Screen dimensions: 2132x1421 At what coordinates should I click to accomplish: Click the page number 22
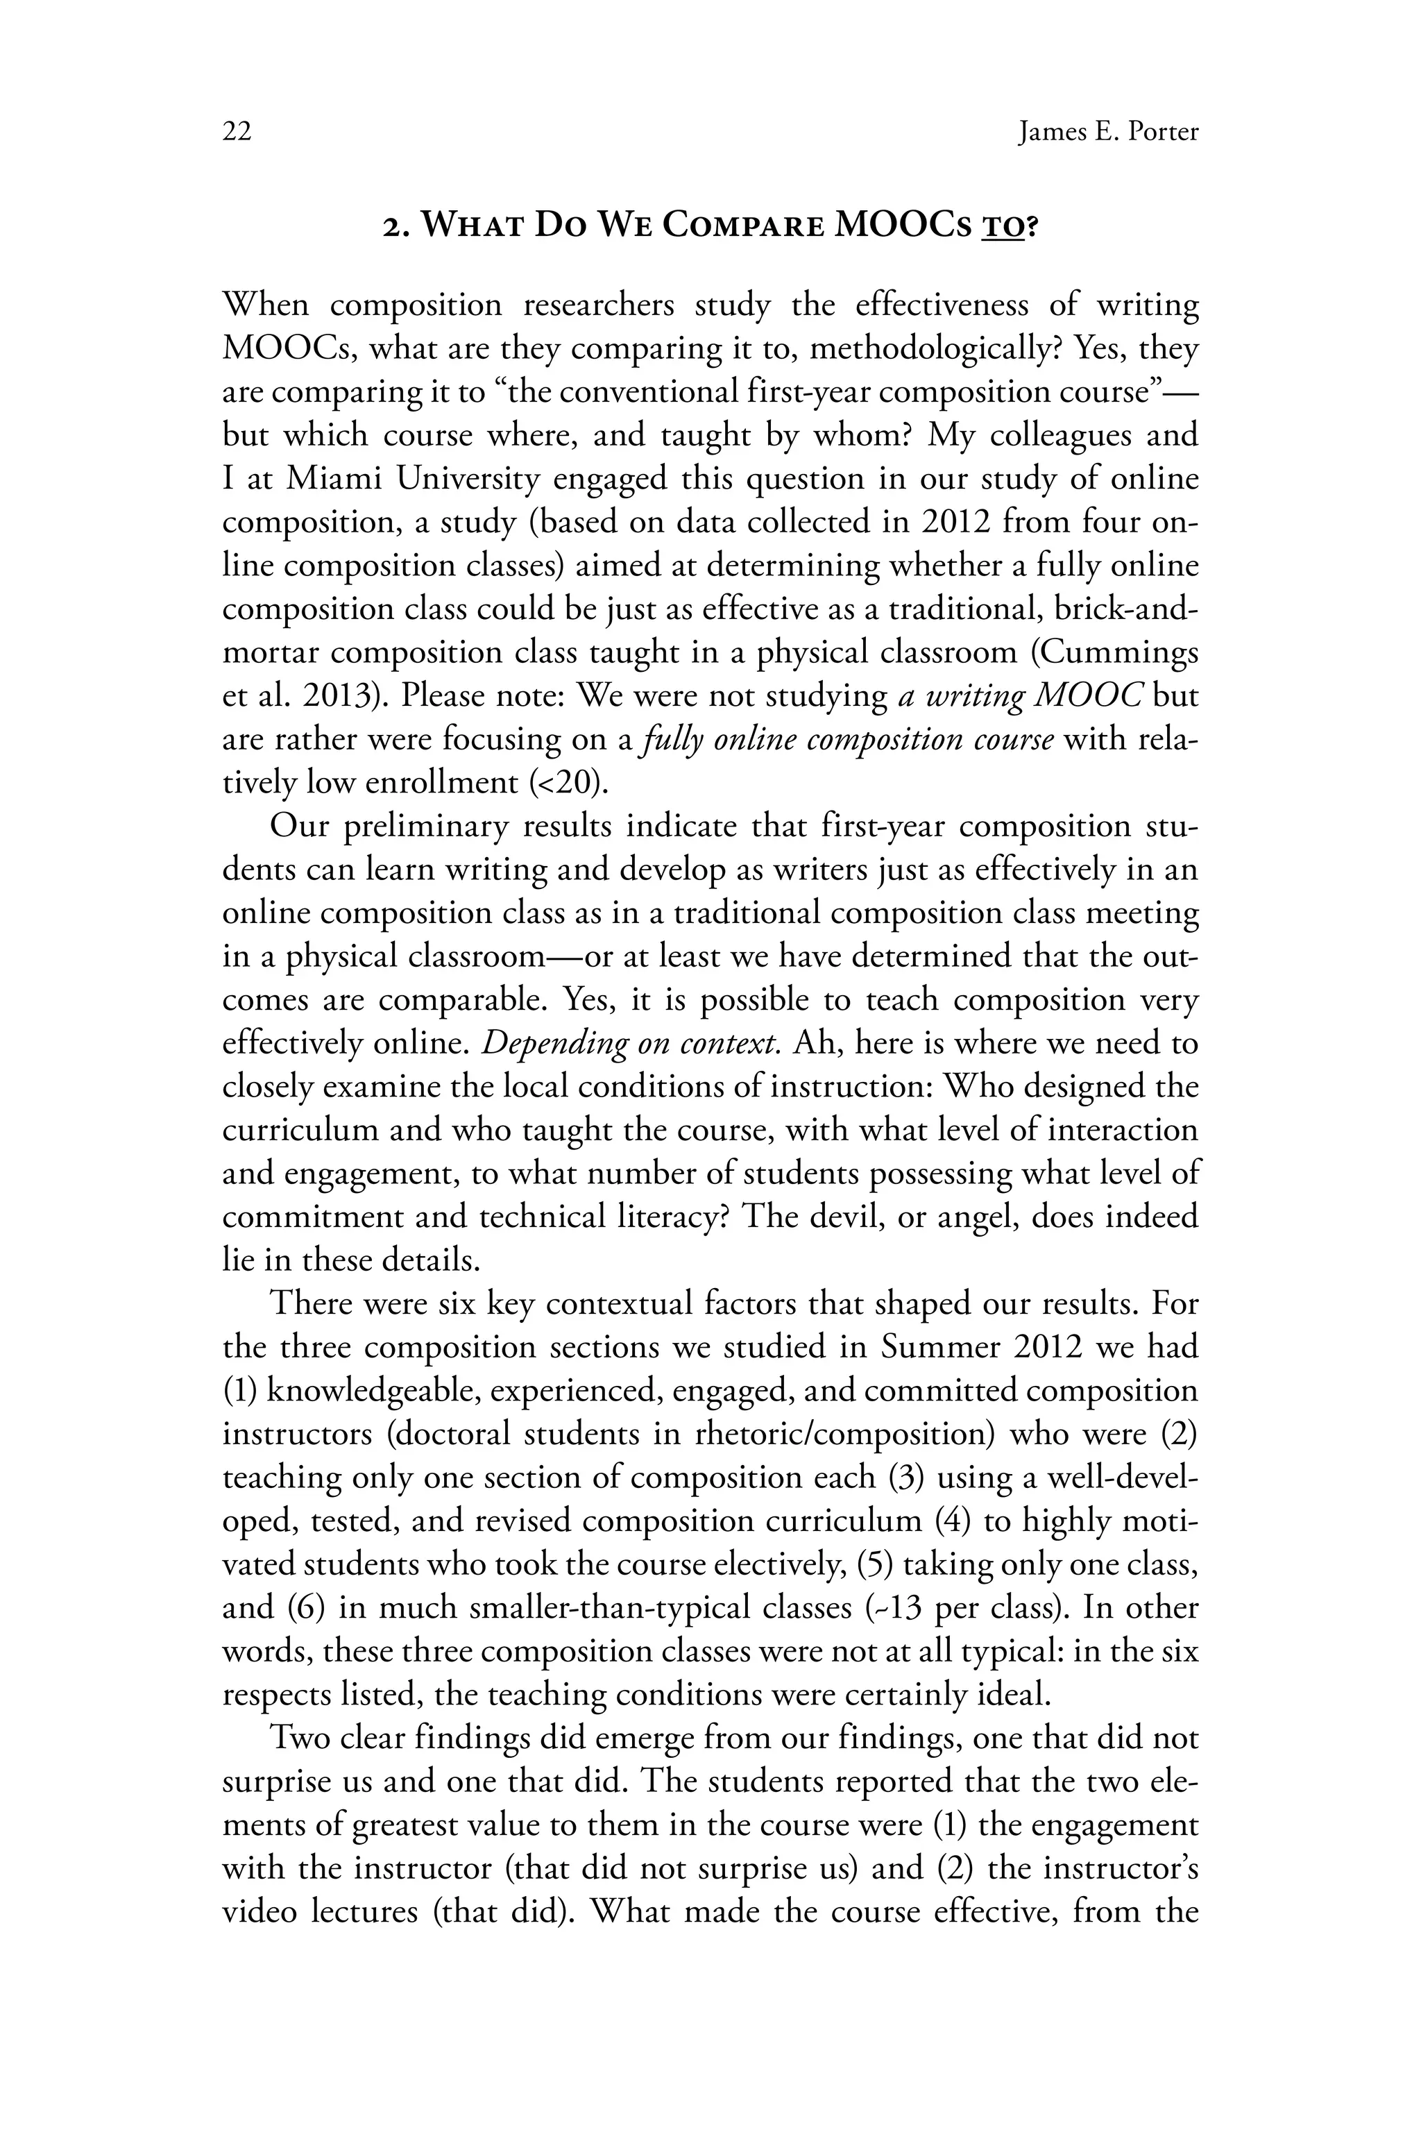pyautogui.click(x=237, y=133)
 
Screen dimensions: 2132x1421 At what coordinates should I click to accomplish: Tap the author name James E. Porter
pyautogui.click(x=1107, y=133)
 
